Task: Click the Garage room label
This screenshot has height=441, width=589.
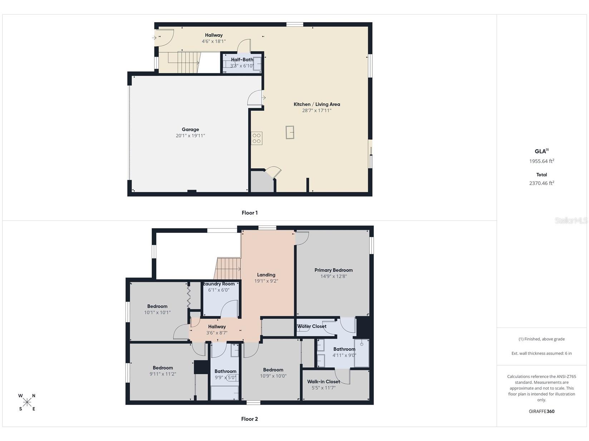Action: pos(190,129)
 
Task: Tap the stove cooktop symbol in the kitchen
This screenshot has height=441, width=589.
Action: pos(256,138)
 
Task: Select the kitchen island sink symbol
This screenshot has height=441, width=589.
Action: pos(290,132)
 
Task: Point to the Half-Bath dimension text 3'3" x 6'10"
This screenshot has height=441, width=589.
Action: pos(242,66)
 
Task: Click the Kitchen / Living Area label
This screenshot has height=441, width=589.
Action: pos(316,104)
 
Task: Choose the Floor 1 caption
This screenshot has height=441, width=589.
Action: pos(250,213)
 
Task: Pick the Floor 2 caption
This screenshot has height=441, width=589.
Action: pos(250,419)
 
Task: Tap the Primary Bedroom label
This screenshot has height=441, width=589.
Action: pos(334,270)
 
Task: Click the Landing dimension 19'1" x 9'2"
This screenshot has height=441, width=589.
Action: pos(266,281)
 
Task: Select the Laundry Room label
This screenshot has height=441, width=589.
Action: pos(219,284)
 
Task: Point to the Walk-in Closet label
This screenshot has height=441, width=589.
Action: pos(324,381)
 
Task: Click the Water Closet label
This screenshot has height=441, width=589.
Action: pos(311,326)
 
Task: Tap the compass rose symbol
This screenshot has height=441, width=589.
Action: pos(27,402)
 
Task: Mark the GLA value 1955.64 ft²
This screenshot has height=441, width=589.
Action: pos(541,161)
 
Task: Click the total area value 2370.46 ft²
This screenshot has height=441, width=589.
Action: pos(541,183)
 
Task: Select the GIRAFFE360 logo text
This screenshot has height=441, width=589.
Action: pos(541,411)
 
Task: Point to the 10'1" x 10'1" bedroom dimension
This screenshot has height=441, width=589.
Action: pos(157,312)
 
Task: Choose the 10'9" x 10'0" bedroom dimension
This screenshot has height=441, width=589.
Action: pos(273,376)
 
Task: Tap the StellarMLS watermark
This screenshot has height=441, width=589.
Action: pos(571,221)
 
